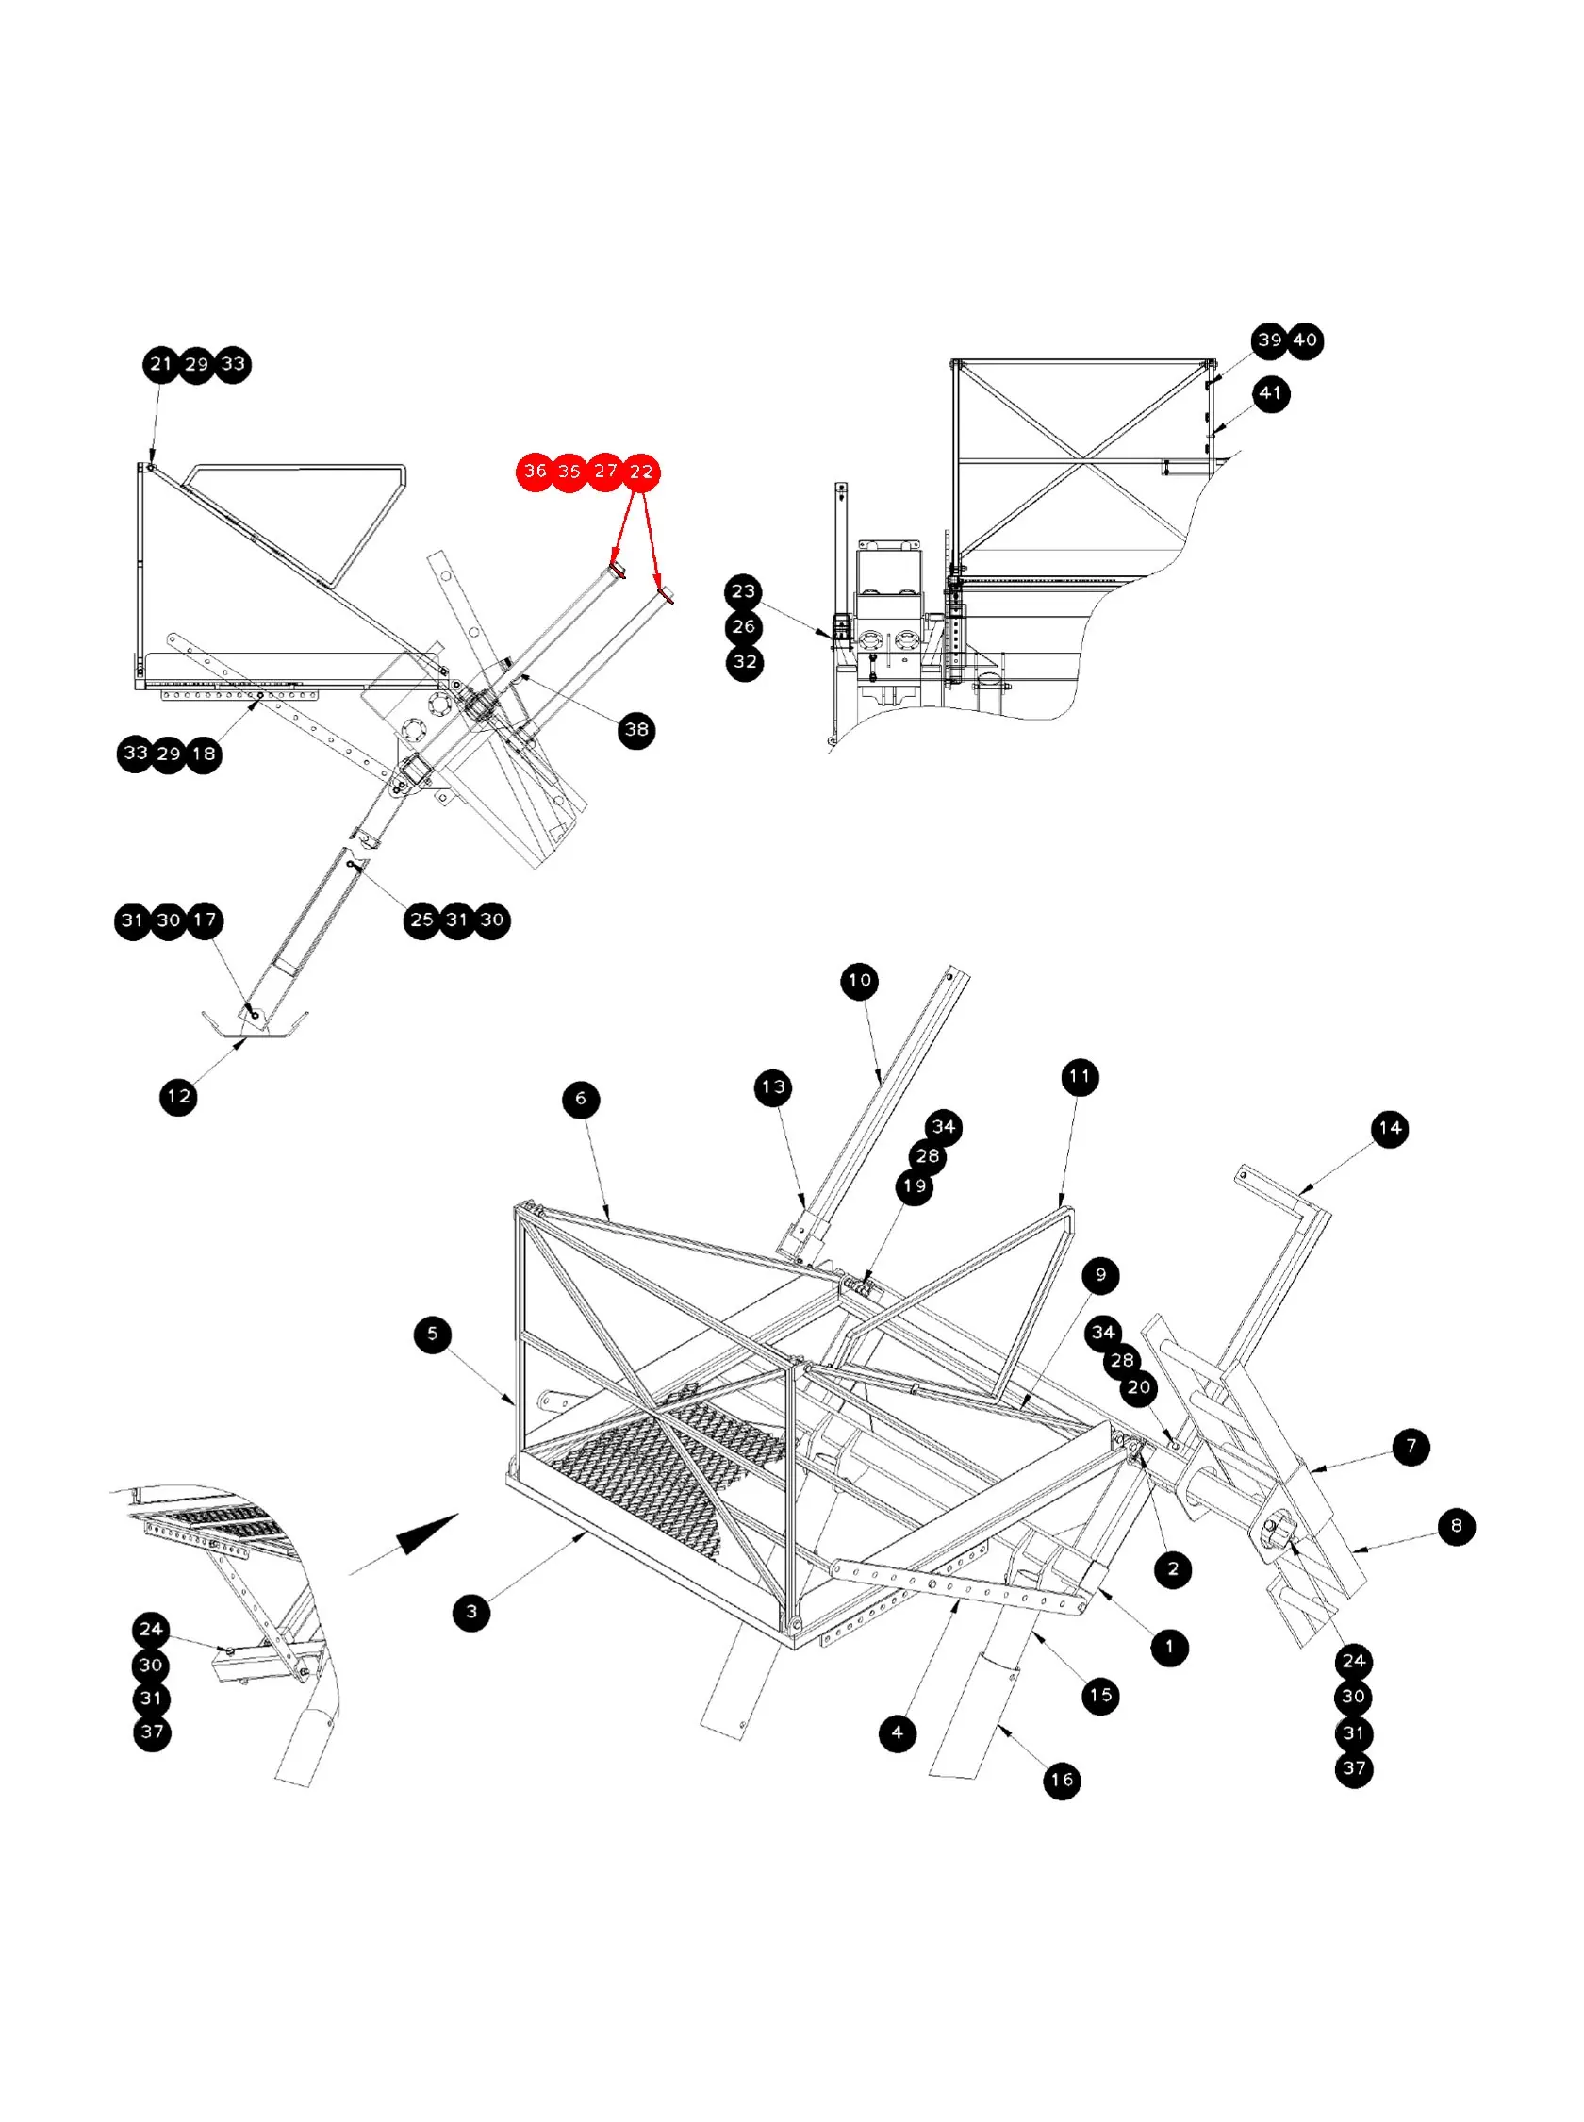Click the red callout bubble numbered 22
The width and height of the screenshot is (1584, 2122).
(x=640, y=472)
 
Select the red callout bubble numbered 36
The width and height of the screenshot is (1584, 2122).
(x=535, y=471)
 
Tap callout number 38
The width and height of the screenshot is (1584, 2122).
(x=636, y=730)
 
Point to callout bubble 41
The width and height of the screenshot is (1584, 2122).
(x=1270, y=393)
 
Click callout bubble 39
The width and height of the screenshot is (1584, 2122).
(x=1269, y=340)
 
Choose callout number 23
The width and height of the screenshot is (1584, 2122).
(x=743, y=591)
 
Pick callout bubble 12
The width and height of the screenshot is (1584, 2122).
(x=178, y=1097)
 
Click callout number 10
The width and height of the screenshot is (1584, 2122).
(x=859, y=981)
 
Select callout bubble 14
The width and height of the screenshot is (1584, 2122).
(x=1390, y=1130)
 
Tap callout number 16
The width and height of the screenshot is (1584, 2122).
(x=1062, y=1781)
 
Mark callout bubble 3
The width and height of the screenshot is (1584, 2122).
(x=470, y=1612)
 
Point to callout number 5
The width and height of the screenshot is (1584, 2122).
(x=433, y=1334)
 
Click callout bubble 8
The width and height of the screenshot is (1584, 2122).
(x=1457, y=1526)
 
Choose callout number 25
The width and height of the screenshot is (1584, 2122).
(x=421, y=920)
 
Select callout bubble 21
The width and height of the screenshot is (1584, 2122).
(x=161, y=364)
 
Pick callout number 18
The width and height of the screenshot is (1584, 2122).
(x=204, y=754)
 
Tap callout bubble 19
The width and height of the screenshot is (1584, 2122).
(x=915, y=1187)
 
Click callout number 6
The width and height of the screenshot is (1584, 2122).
(x=581, y=1099)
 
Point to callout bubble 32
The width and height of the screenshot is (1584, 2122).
(x=744, y=663)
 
